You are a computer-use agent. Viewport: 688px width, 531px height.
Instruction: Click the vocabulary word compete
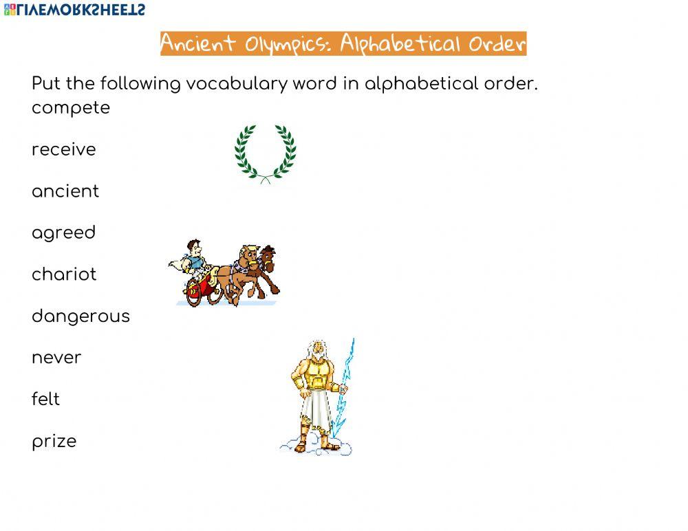coord(71,109)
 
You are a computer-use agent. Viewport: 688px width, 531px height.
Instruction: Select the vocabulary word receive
coord(64,150)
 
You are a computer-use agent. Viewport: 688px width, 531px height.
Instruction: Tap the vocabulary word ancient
coord(65,191)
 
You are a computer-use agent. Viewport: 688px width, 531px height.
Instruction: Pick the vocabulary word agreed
coord(64,233)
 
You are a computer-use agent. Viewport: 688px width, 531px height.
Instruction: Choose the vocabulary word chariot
coord(64,274)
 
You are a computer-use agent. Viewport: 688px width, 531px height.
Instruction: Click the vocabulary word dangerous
coord(80,316)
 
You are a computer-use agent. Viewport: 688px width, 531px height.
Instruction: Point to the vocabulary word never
coord(56,358)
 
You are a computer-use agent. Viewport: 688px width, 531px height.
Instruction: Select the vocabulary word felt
coord(46,399)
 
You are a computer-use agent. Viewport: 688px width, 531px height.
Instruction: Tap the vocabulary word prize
coord(54,442)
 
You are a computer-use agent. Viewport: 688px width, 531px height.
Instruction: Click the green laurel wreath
coord(266,153)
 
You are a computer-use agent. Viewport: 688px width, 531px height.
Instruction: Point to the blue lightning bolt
coord(343,385)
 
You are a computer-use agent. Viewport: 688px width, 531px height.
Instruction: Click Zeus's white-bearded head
coord(317,351)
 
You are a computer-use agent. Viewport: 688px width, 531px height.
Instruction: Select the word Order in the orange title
coord(497,44)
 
